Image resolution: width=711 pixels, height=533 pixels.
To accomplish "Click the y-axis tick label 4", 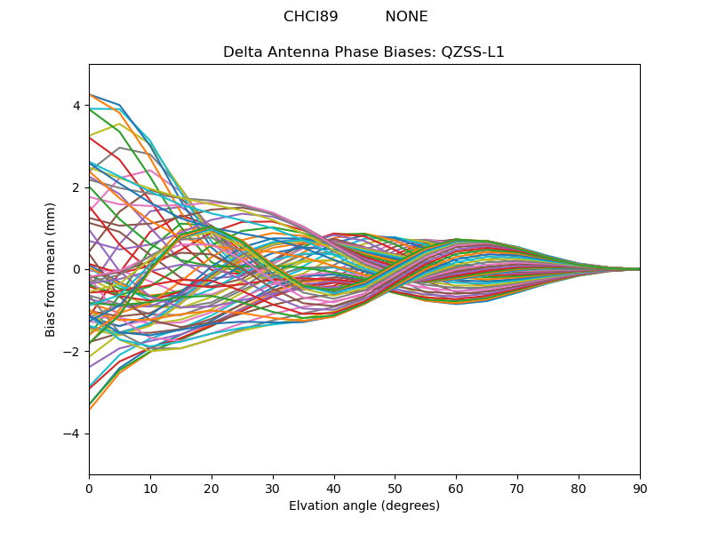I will coord(76,106).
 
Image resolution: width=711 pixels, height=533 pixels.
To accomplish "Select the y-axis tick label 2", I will coord(76,187).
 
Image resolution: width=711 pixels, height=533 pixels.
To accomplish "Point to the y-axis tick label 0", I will coord(76,269).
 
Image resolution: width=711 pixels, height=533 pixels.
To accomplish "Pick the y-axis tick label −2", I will coord(73,352).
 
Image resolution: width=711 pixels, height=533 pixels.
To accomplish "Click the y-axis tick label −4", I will coord(73,434).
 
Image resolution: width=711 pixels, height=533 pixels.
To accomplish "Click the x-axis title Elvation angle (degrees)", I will coord(364,505).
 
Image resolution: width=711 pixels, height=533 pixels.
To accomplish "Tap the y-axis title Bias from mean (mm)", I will coord(51,269).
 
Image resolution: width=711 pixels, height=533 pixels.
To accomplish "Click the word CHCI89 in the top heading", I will coord(311,17).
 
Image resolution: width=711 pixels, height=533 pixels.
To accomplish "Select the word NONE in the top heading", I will coord(406,17).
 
